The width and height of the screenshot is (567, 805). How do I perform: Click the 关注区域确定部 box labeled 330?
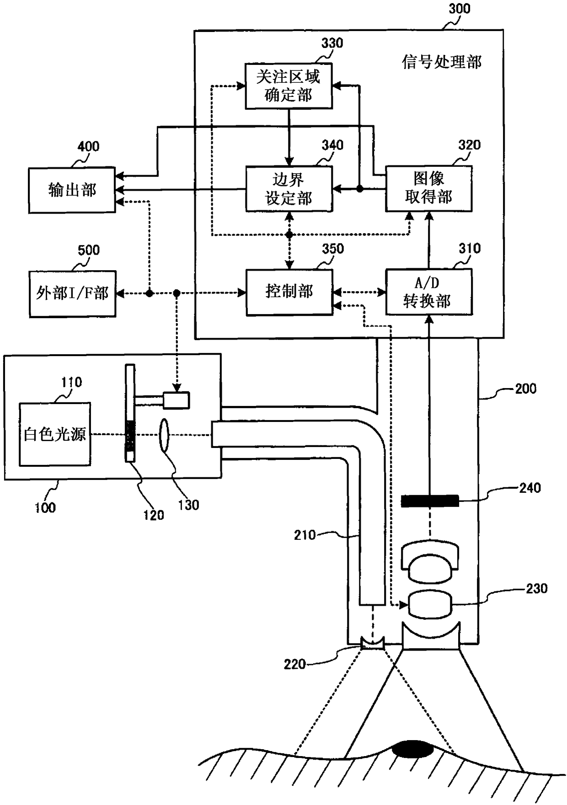click(x=289, y=86)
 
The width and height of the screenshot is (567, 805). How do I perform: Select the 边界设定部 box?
click(x=289, y=188)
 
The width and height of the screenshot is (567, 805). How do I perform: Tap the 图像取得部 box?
click(x=428, y=188)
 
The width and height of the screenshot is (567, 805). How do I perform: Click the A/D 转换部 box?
click(x=428, y=292)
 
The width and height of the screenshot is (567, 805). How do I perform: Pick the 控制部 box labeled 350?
click(x=289, y=292)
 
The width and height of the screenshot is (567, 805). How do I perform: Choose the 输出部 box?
click(x=72, y=190)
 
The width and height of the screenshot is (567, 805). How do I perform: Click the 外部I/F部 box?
click(x=72, y=293)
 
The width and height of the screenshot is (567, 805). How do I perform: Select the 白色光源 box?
click(x=55, y=434)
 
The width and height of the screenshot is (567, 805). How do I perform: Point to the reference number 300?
click(x=459, y=9)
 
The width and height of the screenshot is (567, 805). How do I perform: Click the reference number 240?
click(x=530, y=488)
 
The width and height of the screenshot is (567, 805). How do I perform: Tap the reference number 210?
click(x=305, y=535)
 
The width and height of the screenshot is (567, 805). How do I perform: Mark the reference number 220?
click(x=294, y=664)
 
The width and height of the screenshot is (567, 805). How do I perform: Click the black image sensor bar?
click(x=430, y=501)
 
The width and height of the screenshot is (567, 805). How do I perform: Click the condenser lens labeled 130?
click(x=164, y=434)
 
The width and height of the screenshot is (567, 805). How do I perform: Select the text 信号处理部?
click(x=442, y=62)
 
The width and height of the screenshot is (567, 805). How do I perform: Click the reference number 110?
click(x=72, y=382)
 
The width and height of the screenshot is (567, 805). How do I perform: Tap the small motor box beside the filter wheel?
click(x=176, y=400)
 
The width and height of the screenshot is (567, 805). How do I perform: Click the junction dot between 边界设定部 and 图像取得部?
click(x=359, y=188)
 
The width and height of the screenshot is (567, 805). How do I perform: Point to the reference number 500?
click(x=88, y=250)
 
